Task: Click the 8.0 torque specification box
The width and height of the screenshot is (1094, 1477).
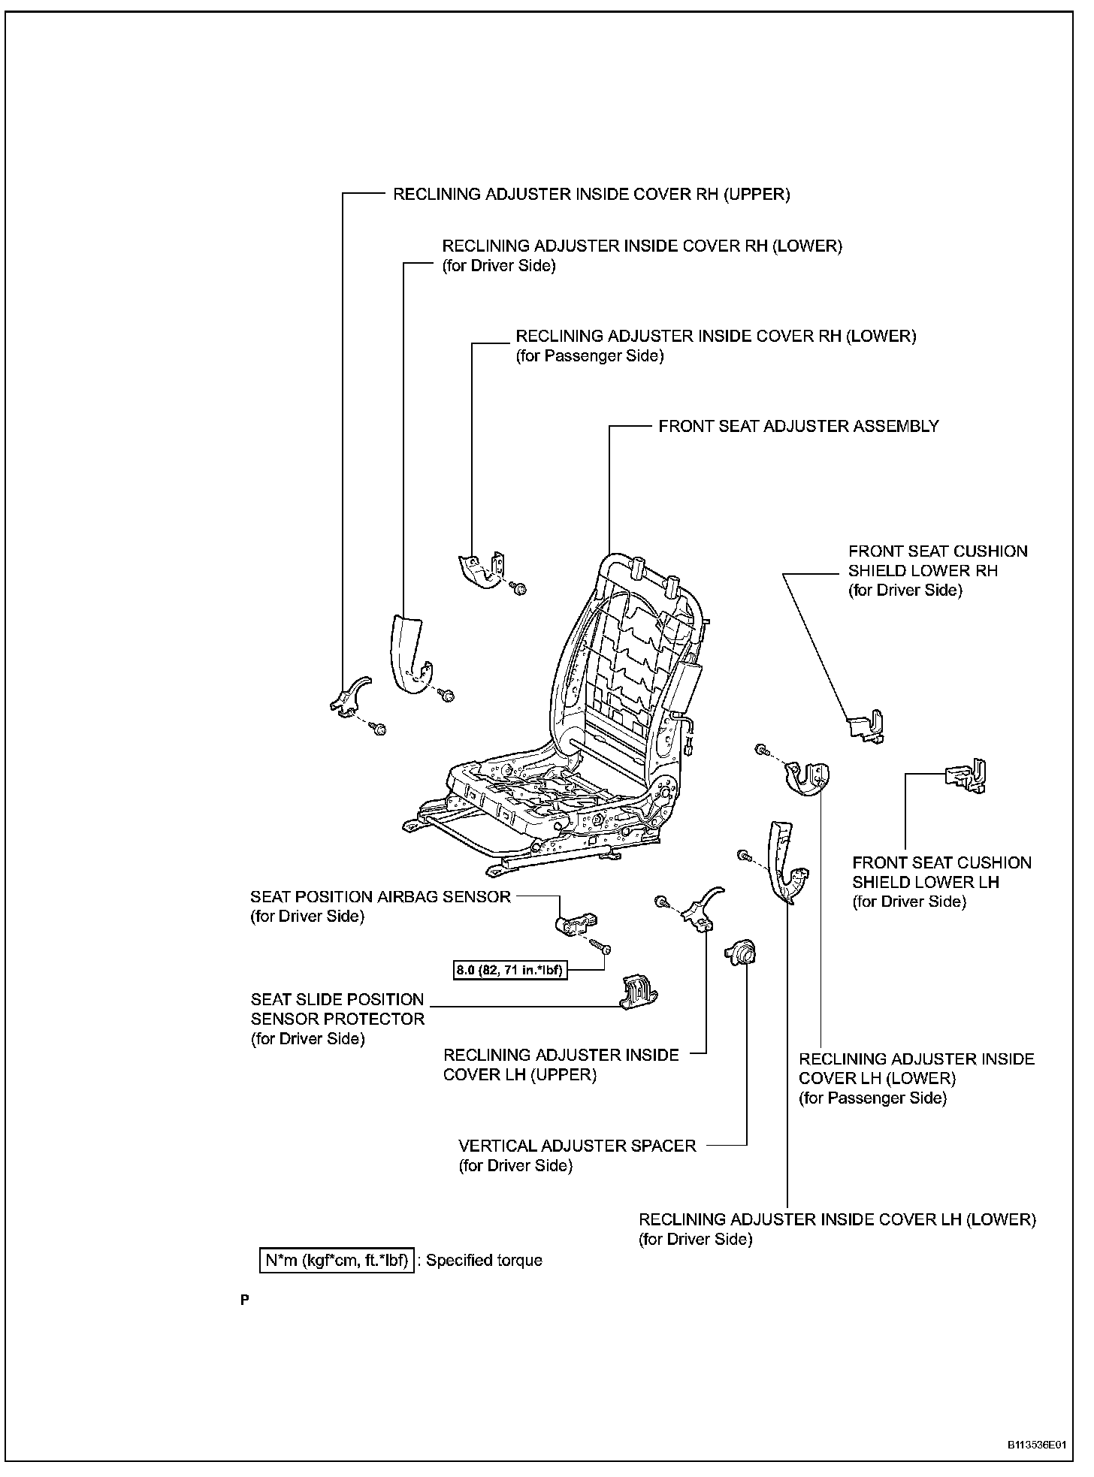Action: click(509, 970)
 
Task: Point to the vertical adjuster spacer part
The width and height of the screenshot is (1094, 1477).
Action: click(740, 953)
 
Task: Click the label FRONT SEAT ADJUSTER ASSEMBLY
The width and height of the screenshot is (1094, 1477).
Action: click(798, 426)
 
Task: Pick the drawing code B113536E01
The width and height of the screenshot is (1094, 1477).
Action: click(1037, 1445)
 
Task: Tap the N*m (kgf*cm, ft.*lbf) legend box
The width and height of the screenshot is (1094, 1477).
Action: click(337, 1260)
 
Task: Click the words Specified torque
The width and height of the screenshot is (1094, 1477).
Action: click(484, 1260)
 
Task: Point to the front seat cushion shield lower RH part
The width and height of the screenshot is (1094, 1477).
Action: click(866, 726)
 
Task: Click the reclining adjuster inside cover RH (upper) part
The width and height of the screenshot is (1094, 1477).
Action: click(349, 695)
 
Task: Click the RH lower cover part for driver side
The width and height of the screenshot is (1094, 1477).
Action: click(409, 654)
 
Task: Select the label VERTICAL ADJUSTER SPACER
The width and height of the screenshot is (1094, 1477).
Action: click(577, 1146)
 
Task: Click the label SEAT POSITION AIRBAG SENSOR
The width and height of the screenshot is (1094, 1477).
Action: click(380, 896)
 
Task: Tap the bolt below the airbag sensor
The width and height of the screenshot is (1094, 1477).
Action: click(599, 944)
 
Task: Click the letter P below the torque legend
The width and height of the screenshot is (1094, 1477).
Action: click(245, 1300)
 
